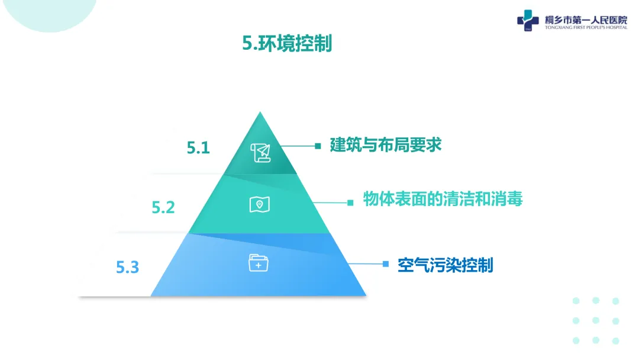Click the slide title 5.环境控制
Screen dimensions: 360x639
[287, 44]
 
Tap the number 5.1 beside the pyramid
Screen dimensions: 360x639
[198, 147]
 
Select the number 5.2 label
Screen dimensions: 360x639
[163, 207]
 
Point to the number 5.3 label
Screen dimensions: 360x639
[127, 267]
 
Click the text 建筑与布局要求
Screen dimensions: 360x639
[386, 144]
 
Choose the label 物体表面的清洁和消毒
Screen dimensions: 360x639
[443, 200]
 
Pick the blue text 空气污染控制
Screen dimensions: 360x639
[445, 265]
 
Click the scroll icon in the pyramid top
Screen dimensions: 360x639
[260, 152]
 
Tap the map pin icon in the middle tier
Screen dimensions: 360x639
[259, 205]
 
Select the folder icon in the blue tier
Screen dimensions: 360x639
[259, 262]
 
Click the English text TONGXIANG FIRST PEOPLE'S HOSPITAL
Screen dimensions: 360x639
[586, 27]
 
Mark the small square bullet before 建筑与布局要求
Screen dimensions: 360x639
[318, 145]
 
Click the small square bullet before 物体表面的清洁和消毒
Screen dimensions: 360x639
[350, 202]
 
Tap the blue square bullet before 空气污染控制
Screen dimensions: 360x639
[385, 264]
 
